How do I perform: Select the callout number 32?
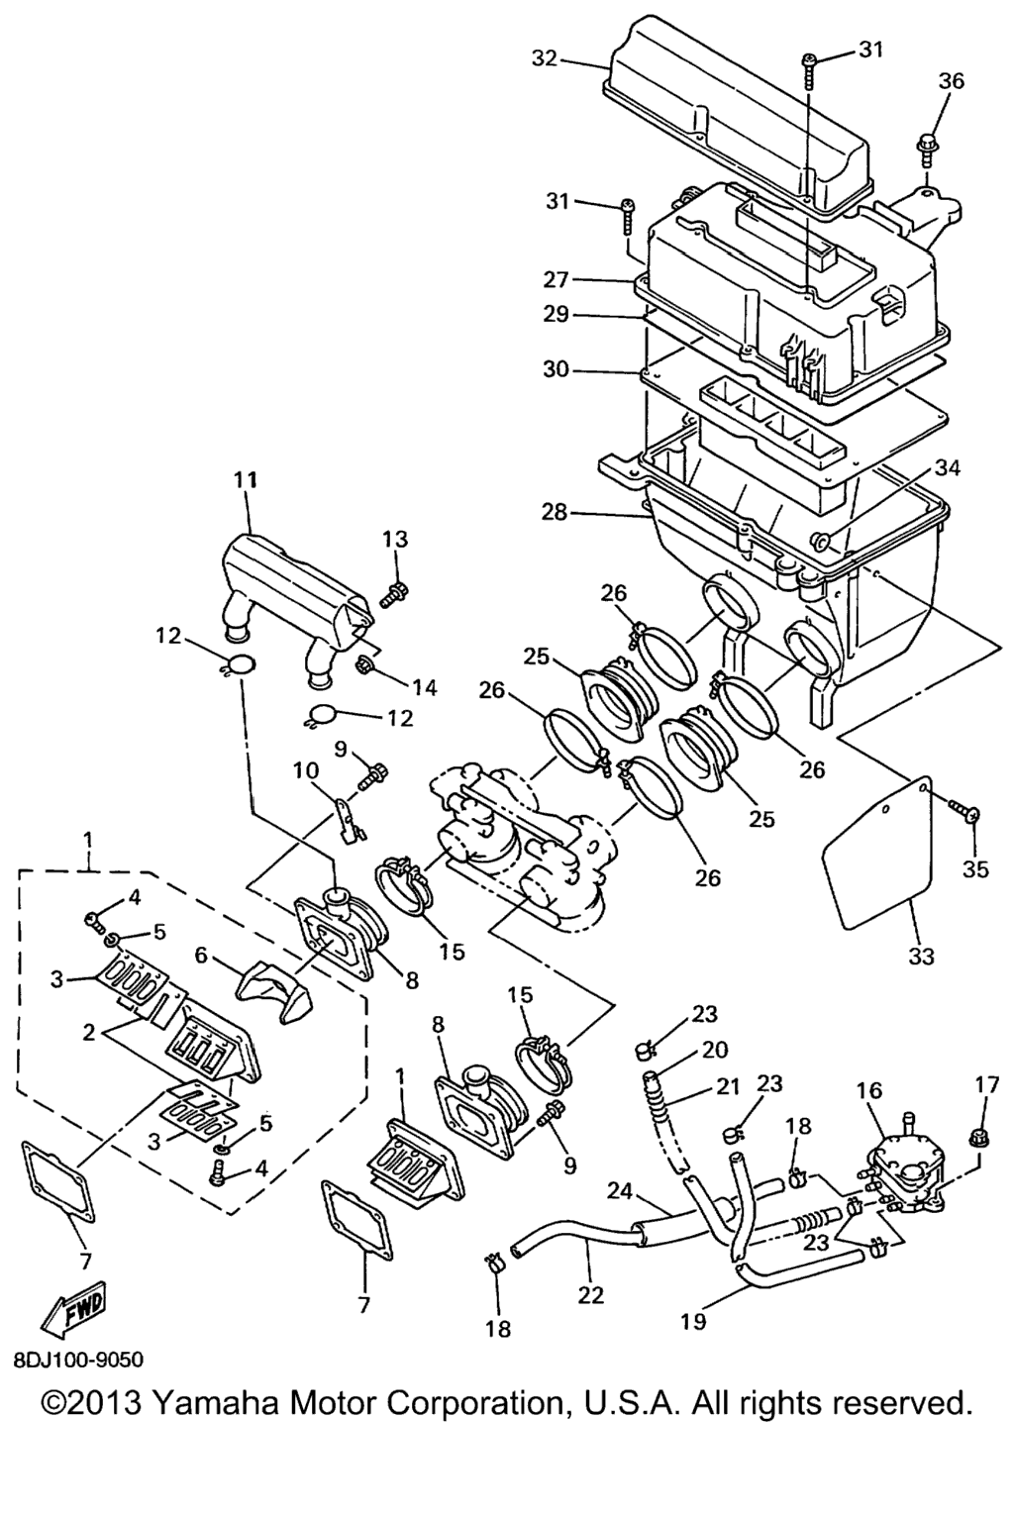tap(545, 59)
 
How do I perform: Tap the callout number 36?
tap(951, 81)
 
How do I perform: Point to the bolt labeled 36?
tap(924, 151)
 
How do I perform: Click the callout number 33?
tap(921, 956)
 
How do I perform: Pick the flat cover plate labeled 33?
tap(876, 853)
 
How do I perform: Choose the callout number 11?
tap(246, 480)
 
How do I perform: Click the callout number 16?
tap(868, 1090)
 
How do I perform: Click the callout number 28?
tap(554, 512)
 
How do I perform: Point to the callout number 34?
tap(948, 467)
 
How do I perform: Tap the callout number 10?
tap(306, 770)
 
